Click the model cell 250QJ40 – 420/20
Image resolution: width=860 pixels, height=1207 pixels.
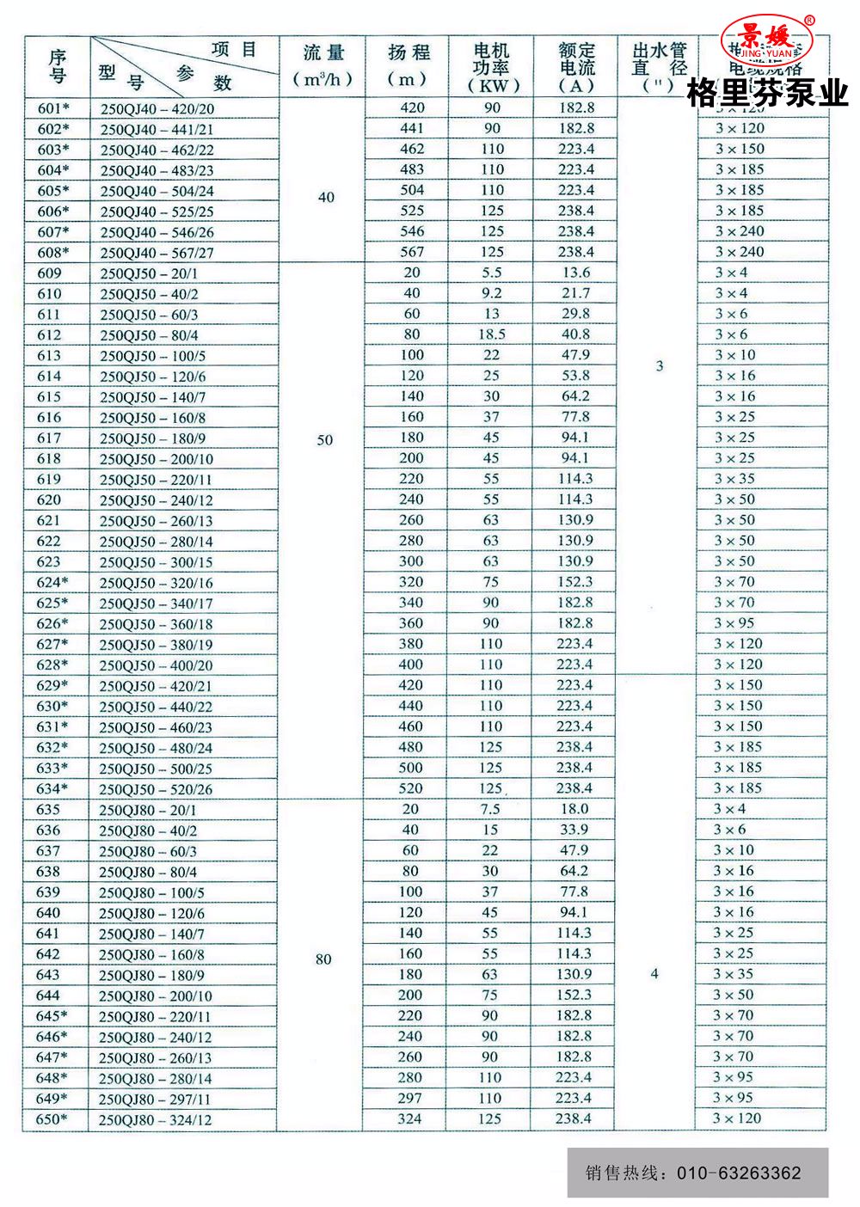157,108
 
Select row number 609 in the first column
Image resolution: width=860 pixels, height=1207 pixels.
50,273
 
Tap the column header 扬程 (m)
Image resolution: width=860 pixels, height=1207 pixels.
408,65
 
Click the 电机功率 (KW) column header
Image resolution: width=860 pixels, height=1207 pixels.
491,67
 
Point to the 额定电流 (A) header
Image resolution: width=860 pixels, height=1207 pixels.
576,67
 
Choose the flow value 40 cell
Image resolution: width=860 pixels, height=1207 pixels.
326,197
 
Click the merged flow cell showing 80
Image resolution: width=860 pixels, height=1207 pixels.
323,959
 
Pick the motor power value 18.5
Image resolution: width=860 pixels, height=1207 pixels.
491,334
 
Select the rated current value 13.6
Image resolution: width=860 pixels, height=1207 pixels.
575,273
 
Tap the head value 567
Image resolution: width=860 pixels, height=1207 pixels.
412,252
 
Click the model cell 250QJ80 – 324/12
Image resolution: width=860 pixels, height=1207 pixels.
155,1119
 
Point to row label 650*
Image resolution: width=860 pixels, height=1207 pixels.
51,1119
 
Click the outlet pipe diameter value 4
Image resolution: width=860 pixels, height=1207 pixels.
654,974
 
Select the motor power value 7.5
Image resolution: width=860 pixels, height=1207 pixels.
490,809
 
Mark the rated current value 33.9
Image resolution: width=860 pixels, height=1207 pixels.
574,830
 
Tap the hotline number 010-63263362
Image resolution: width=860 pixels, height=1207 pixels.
739,1173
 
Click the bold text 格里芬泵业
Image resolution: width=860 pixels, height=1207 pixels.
767,93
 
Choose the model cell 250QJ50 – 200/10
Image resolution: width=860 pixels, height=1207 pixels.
157,459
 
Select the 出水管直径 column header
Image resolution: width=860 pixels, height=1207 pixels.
659,67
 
